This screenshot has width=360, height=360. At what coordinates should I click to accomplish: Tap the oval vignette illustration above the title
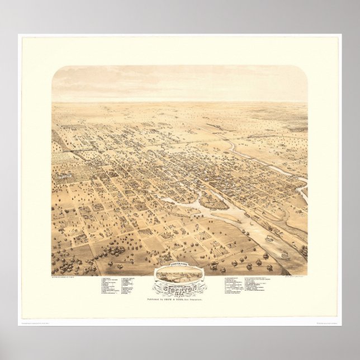(x=180, y=274)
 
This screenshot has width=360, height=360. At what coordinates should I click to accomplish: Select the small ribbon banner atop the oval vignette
(x=180, y=266)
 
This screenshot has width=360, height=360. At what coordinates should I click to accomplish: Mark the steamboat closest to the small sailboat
(x=269, y=238)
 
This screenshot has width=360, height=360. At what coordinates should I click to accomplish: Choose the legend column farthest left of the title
(x=110, y=285)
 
